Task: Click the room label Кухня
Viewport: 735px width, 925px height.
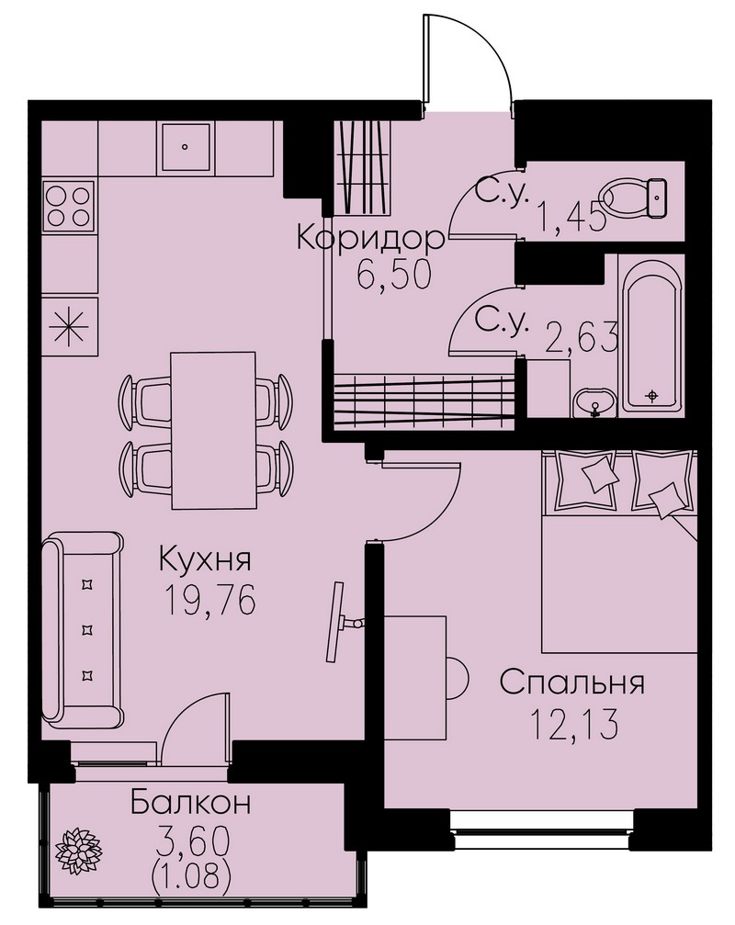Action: coord(205,559)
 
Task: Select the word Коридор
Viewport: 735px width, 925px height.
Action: coord(370,238)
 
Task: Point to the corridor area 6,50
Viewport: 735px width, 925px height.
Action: coord(395,275)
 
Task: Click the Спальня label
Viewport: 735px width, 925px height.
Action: coord(571,682)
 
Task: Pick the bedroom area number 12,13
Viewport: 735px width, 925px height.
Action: coord(574,724)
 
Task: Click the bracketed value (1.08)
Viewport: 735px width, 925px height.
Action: coord(191,878)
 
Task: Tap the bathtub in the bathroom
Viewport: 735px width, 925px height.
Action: coord(651,334)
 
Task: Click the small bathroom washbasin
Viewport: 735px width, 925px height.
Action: coord(594,403)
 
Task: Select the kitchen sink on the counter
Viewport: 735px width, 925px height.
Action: coord(185,147)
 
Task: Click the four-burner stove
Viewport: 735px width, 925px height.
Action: coord(68,205)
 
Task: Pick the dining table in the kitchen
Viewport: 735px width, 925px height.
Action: coord(212,430)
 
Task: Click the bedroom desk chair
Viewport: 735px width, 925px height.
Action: coord(457,677)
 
